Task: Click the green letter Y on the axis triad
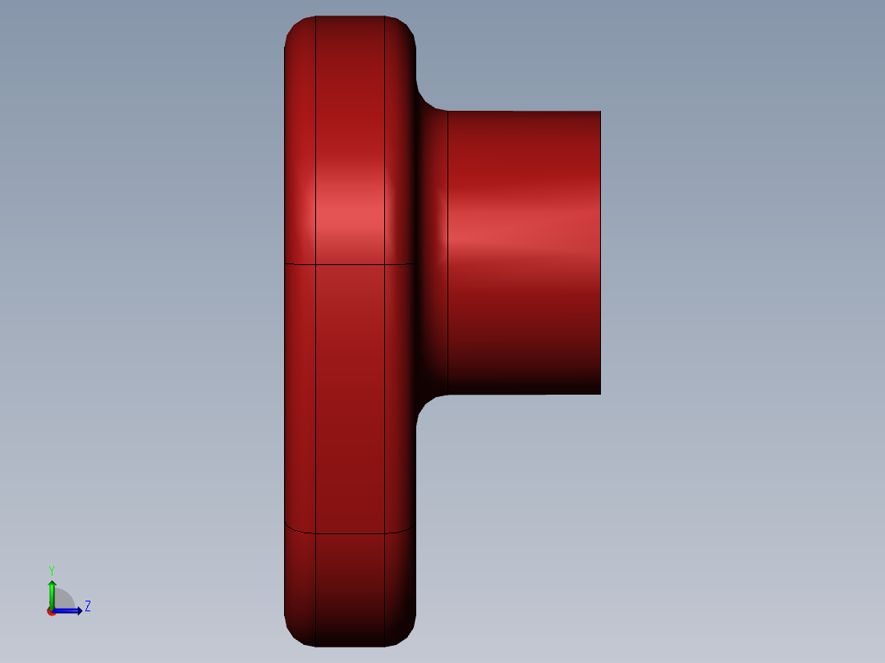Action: (51, 570)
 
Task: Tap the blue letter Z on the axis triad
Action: (87, 606)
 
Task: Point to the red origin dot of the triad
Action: (51, 611)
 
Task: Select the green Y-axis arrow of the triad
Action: (51, 592)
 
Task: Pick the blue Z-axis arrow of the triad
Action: (69, 610)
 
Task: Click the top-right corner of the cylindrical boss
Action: (600, 112)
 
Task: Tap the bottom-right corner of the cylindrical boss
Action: (600, 393)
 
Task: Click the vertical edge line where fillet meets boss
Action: (447, 246)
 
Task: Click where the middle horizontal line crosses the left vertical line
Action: (316, 264)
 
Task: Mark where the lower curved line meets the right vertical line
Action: (384, 533)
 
